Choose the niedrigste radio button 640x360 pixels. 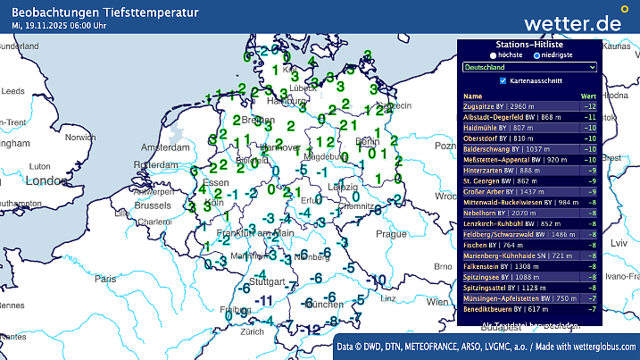tap(535, 54)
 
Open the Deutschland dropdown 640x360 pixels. tap(529, 67)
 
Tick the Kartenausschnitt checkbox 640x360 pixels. tap(489, 80)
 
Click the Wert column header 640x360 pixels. tap(588, 96)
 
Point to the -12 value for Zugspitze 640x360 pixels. tap(589, 106)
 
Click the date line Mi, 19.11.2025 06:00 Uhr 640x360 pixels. tap(61, 26)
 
